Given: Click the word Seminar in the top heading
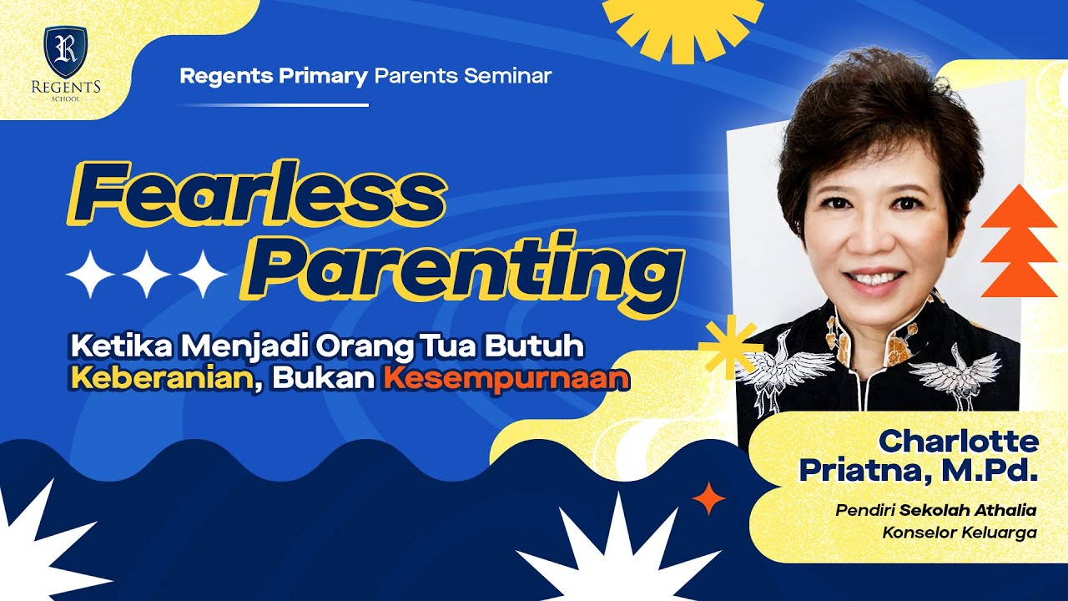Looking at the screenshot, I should (x=507, y=76).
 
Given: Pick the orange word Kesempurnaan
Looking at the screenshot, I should (x=506, y=378).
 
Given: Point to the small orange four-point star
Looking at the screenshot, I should (x=708, y=498).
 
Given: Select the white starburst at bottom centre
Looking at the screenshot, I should (x=615, y=551).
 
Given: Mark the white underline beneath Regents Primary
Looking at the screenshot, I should (x=273, y=105).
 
